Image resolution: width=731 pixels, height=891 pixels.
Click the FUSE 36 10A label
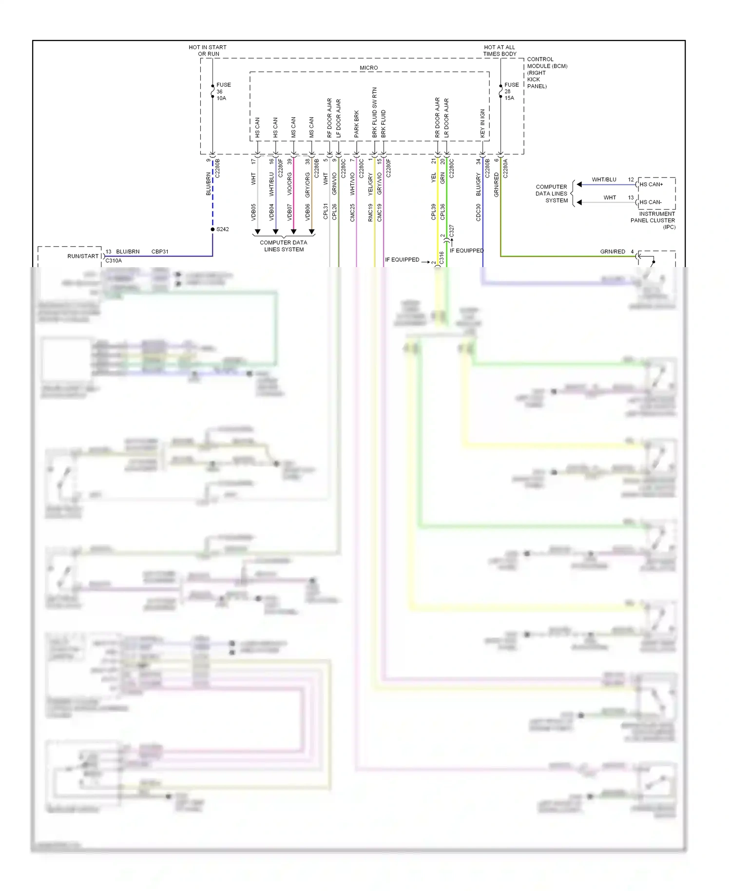[223, 92]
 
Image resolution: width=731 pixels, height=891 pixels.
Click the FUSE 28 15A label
[511, 91]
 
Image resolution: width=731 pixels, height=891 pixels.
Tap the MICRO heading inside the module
[369, 68]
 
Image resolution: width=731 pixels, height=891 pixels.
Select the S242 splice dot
[213, 229]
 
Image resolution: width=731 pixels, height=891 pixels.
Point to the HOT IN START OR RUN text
[208, 50]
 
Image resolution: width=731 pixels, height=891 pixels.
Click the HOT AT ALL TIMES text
[500, 50]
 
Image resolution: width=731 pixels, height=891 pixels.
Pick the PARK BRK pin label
[357, 123]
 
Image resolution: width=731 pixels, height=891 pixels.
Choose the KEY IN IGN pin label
[483, 122]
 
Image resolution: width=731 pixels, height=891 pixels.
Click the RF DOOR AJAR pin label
[329, 117]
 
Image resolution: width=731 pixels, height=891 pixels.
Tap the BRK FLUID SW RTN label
[375, 112]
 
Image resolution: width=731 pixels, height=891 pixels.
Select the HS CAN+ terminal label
[651, 184]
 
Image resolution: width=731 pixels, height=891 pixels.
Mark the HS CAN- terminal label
[651, 202]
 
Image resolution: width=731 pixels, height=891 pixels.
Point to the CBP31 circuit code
[160, 252]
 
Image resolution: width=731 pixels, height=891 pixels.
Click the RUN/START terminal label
[83, 256]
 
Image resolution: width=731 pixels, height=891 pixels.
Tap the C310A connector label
[114, 260]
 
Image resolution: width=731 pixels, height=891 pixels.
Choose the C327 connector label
[452, 231]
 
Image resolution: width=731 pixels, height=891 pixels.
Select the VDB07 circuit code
[289, 212]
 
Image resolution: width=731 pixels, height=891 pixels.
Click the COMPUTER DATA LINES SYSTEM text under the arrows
[284, 246]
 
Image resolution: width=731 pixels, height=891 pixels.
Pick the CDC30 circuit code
[479, 213]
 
